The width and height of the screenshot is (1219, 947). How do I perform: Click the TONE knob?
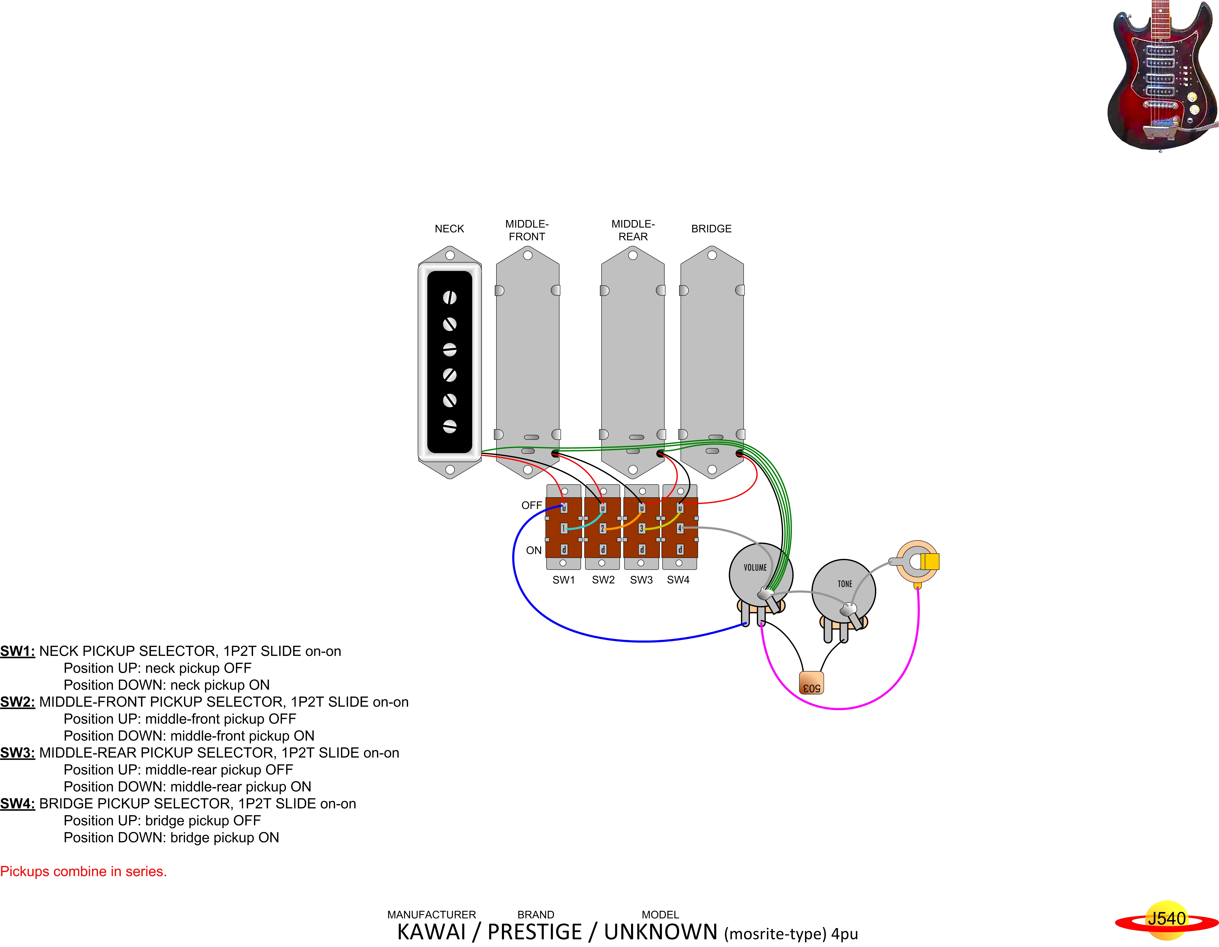[x=843, y=590]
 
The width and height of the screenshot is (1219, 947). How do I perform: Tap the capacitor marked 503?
[x=811, y=683]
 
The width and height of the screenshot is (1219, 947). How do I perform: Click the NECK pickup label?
[x=449, y=229]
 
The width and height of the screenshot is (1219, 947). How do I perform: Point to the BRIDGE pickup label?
[x=711, y=229]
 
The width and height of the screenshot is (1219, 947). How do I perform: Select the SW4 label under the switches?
[x=678, y=580]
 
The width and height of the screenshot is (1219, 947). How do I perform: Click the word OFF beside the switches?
[x=531, y=505]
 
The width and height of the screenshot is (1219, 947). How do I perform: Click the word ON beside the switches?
[x=534, y=550]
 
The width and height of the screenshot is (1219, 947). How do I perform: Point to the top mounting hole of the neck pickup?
[x=450, y=255]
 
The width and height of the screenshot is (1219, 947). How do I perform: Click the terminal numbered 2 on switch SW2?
[x=602, y=528]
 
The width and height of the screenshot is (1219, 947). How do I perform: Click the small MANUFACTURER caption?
[x=431, y=915]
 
